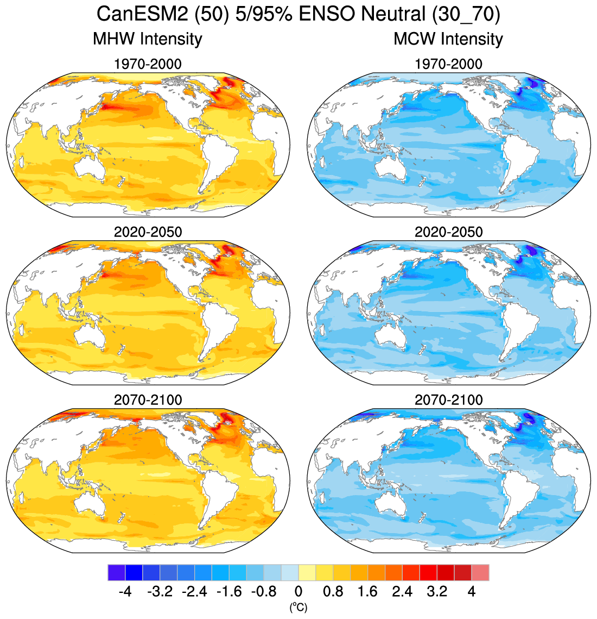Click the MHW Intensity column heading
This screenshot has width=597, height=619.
(148, 39)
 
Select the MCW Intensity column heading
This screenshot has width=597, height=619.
(448, 39)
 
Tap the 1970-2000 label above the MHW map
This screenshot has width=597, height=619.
(148, 64)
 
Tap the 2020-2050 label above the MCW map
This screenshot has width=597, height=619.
(448, 232)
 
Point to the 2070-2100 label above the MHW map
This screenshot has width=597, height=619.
(148, 400)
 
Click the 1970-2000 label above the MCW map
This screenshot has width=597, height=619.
(448, 64)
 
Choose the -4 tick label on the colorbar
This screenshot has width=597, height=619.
(125, 591)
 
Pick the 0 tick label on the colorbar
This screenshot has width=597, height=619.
(298, 591)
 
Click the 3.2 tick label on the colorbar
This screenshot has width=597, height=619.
(437, 591)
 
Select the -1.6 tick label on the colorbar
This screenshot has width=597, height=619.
(229, 591)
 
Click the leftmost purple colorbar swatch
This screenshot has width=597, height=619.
(117, 573)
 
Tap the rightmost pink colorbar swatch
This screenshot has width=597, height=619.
(480, 573)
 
